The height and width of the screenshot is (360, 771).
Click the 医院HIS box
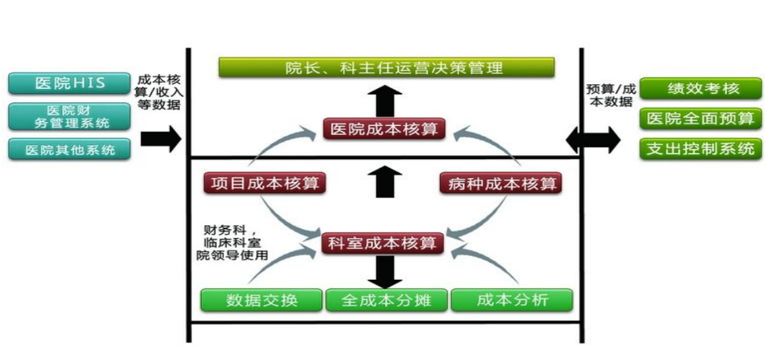pos(69,83)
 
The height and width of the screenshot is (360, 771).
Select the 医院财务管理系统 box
pos(69,117)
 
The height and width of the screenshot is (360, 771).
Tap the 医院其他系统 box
pos(69,149)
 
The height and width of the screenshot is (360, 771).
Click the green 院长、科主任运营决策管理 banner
pos(386,67)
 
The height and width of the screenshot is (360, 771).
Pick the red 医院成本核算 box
pos(384,129)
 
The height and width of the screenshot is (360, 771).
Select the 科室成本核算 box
pos(383,243)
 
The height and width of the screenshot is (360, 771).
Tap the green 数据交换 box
pos(261,300)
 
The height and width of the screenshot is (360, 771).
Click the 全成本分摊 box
pos(386,300)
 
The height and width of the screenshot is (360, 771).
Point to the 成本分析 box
pos(512,300)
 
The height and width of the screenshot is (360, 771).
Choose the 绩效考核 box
pos(701,88)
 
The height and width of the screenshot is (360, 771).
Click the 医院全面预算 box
pos(701,119)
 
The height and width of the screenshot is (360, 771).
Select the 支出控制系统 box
pos(701,148)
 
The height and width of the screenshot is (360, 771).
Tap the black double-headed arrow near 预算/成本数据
pos(594,140)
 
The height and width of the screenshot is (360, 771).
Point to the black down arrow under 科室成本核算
pos(385,272)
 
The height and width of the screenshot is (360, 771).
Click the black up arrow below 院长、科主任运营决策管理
pos(385,102)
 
